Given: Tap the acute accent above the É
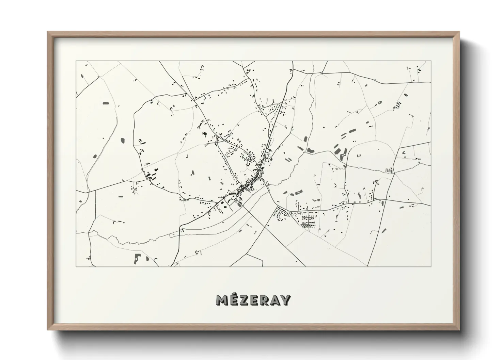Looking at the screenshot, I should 234,294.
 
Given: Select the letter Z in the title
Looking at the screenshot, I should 243,300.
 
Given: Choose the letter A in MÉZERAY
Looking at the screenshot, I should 274,300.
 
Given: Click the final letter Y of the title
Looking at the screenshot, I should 285,300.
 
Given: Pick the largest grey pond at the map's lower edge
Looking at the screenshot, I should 137,259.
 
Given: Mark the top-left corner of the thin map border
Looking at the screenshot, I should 76,61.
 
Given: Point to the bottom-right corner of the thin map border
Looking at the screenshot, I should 431,266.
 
